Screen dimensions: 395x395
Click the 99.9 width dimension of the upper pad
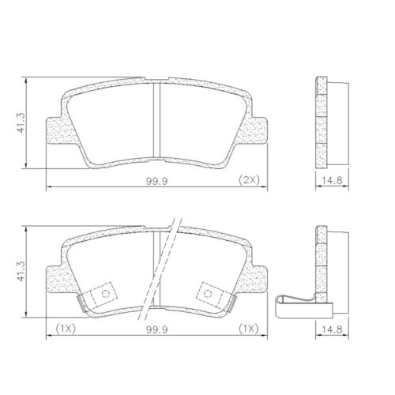[154, 181]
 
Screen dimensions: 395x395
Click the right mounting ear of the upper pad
[258, 130]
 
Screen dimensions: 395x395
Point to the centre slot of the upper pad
[156, 118]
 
